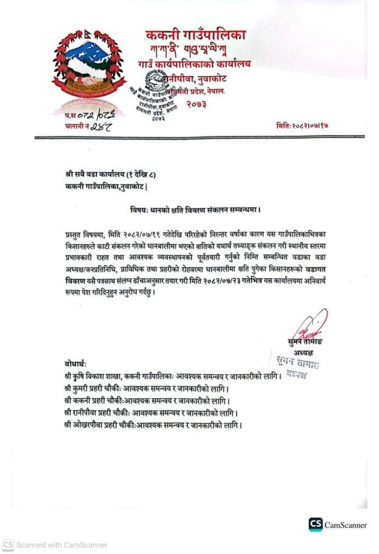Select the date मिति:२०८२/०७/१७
point(306,125)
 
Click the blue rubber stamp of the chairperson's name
point(297,366)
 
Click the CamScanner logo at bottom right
point(338,525)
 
